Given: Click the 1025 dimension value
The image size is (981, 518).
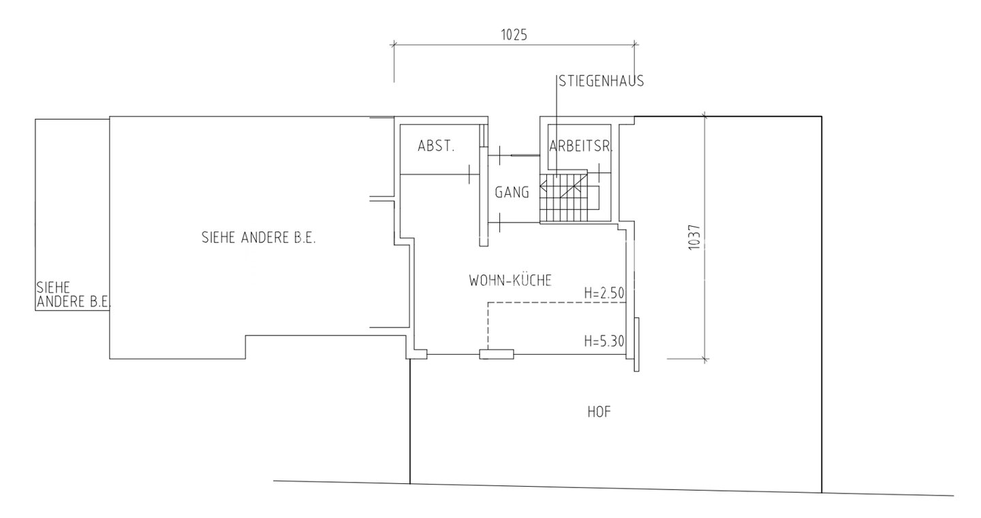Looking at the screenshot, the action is point(514,35).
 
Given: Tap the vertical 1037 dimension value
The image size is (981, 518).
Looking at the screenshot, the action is point(695,238).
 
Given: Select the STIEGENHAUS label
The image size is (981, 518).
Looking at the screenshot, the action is point(602,82).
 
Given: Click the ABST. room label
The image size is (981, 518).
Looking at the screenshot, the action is point(436,146).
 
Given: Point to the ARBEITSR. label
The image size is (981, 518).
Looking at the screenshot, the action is point(580,146).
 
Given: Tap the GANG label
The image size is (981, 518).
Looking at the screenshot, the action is point(512,193).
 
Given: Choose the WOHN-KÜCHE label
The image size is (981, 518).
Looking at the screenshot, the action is point(510,280).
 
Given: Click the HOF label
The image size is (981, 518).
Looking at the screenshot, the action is point(599,412).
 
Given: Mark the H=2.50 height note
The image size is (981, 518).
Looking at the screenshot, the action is point(604,293).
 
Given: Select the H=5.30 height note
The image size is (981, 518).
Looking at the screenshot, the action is point(604,341).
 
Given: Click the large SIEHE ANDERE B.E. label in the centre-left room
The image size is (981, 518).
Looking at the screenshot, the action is point(258,238).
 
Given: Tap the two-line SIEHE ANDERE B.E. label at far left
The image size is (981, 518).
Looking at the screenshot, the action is point(74,295).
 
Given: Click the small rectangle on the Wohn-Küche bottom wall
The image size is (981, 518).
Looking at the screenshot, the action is point(497,354).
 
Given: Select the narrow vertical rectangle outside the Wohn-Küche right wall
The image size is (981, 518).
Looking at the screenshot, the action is point(637,344).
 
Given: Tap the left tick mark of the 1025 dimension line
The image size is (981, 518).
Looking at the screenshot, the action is point(394,44).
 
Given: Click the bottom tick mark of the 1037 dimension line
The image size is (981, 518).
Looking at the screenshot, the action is point(704,359).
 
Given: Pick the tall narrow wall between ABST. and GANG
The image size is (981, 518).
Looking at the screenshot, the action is point(484,196).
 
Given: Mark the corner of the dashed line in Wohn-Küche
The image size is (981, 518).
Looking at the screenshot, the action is point(488,302).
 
